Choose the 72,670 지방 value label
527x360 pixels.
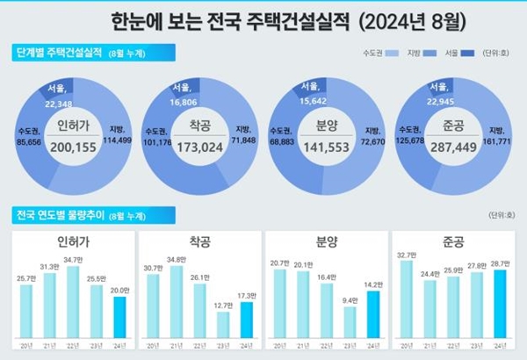[373, 139]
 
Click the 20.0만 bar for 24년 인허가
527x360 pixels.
[119, 317]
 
